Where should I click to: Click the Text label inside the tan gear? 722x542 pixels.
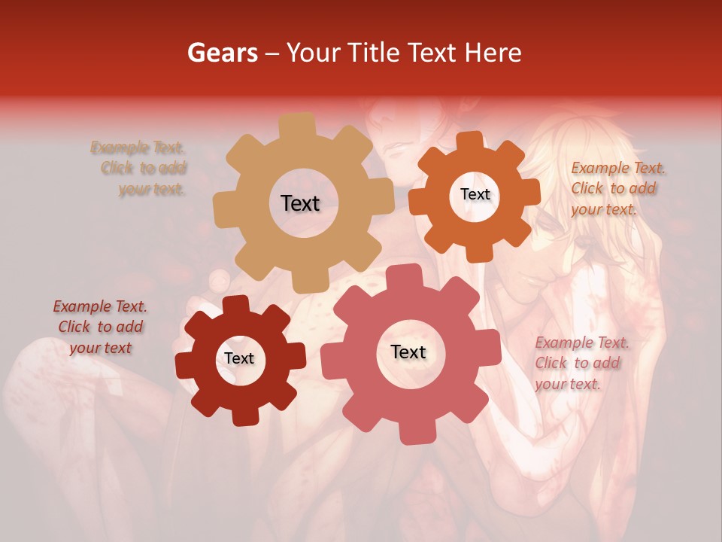coord(300,203)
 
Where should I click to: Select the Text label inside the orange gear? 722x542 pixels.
coord(475,194)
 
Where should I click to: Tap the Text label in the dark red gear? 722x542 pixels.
coord(239,359)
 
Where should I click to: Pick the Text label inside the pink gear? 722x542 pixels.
coord(408,352)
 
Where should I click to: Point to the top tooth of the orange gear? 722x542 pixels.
coord(470,141)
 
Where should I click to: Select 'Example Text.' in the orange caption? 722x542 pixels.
coord(618,168)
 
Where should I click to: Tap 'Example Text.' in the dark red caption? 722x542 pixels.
coord(100,306)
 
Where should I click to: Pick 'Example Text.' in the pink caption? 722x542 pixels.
coord(582,343)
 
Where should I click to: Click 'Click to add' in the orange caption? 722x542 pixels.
coord(613,188)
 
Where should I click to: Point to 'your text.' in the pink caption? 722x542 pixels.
coord(568,384)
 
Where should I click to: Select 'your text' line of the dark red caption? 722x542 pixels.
coord(100,348)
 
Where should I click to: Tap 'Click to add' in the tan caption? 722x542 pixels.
coord(144,168)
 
